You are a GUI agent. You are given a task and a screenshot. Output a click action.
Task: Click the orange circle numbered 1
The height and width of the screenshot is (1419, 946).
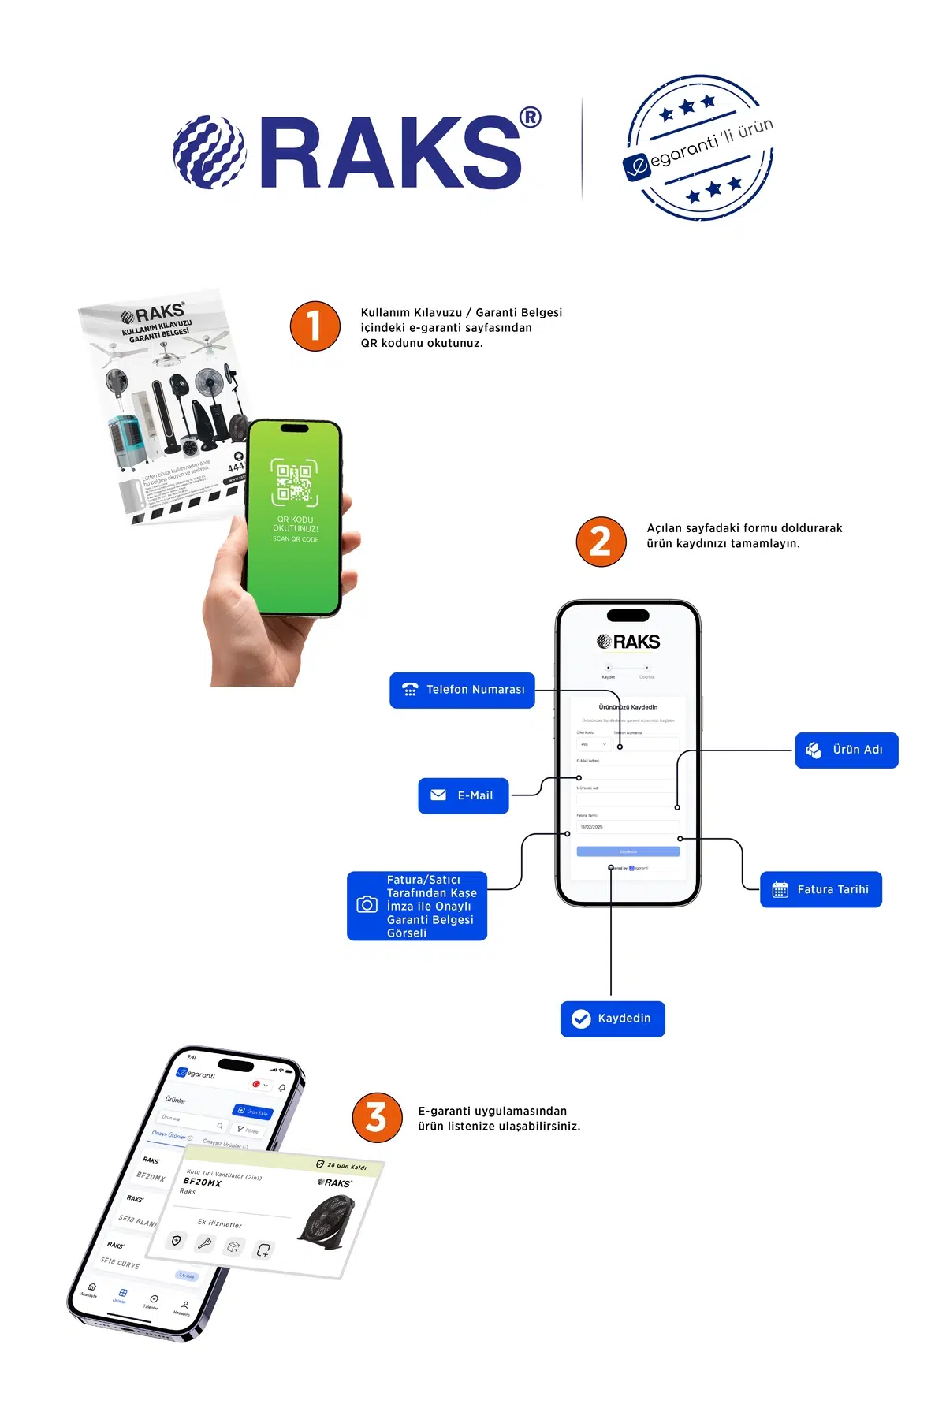[x=315, y=326]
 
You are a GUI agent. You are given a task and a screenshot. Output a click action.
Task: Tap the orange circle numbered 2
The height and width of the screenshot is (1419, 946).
[x=601, y=542]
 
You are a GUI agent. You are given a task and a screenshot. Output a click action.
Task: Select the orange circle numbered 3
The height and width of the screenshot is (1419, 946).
[x=377, y=1117]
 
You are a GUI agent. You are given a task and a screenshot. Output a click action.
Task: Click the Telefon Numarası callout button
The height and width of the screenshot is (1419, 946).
[x=462, y=690]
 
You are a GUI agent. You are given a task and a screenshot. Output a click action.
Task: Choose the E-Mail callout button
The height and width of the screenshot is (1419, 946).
[x=464, y=795]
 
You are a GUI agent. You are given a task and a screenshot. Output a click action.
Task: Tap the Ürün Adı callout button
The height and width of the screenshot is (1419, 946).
[x=846, y=750]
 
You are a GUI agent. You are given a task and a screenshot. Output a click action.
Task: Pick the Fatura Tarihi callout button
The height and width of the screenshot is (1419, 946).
[x=821, y=889]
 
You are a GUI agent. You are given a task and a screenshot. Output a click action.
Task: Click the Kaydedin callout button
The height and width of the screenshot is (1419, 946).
[x=613, y=1019]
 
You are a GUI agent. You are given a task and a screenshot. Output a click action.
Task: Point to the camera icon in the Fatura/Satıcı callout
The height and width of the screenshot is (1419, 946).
[x=367, y=905]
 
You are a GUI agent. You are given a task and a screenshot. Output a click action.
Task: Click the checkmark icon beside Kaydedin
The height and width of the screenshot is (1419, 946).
[x=581, y=1019]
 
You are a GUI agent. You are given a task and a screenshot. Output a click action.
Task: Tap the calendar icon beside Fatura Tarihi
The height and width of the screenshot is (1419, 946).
[x=780, y=889]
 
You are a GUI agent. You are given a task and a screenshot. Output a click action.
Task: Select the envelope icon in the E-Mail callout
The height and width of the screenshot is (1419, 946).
[x=438, y=795]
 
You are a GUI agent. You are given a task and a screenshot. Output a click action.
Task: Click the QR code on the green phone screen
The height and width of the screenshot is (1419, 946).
[x=294, y=482]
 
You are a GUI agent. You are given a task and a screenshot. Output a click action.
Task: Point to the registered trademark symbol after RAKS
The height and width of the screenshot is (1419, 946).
[x=531, y=117]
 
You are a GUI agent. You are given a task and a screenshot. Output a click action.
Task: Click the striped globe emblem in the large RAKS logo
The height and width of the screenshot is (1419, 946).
[x=210, y=153]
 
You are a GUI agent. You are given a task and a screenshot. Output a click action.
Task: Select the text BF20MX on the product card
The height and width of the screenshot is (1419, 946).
[x=203, y=1182]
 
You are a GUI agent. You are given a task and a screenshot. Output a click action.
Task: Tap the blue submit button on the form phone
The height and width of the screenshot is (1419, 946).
[x=628, y=851]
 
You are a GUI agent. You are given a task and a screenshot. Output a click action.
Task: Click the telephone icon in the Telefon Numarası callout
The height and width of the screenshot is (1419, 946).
[x=410, y=690]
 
